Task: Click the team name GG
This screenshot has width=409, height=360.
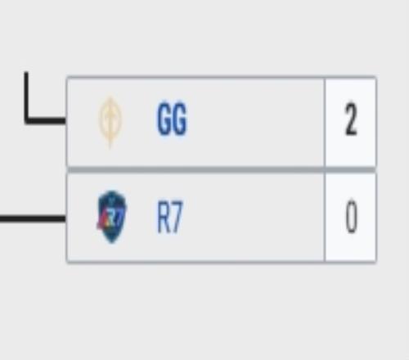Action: pyautogui.click(x=172, y=119)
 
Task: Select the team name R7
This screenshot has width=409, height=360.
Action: pyautogui.click(x=169, y=217)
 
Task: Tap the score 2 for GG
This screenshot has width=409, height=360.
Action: pyautogui.click(x=351, y=119)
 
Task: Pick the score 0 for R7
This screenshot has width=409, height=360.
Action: pyautogui.click(x=351, y=216)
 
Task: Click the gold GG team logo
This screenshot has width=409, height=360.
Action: pyautogui.click(x=110, y=122)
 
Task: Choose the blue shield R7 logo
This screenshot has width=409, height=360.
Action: pyautogui.click(x=112, y=217)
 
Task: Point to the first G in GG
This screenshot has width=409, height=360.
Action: pyautogui.click(x=164, y=119)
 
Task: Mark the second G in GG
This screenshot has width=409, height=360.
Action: pyautogui.click(x=180, y=119)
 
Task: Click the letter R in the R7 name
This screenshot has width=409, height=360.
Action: pyautogui.click(x=164, y=217)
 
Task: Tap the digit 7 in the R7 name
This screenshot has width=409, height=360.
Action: pyautogui.click(x=177, y=217)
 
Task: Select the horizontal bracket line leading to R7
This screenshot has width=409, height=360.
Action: pyautogui.click(x=33, y=218)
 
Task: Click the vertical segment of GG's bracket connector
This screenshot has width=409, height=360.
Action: pyautogui.click(x=26, y=97)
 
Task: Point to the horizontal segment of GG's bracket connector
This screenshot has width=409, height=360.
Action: pyautogui.click(x=45, y=120)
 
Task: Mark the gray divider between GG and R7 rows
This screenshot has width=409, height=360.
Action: pyautogui.click(x=222, y=169)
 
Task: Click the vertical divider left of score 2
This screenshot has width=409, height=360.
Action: pyautogui.click(x=325, y=122)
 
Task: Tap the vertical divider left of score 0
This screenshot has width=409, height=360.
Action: pyautogui.click(x=325, y=217)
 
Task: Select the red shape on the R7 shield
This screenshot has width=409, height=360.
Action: pyautogui.click(x=101, y=223)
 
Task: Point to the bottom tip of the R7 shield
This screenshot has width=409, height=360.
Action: pyautogui.click(x=112, y=243)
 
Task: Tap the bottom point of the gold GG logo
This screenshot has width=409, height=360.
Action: pyautogui.click(x=110, y=148)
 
